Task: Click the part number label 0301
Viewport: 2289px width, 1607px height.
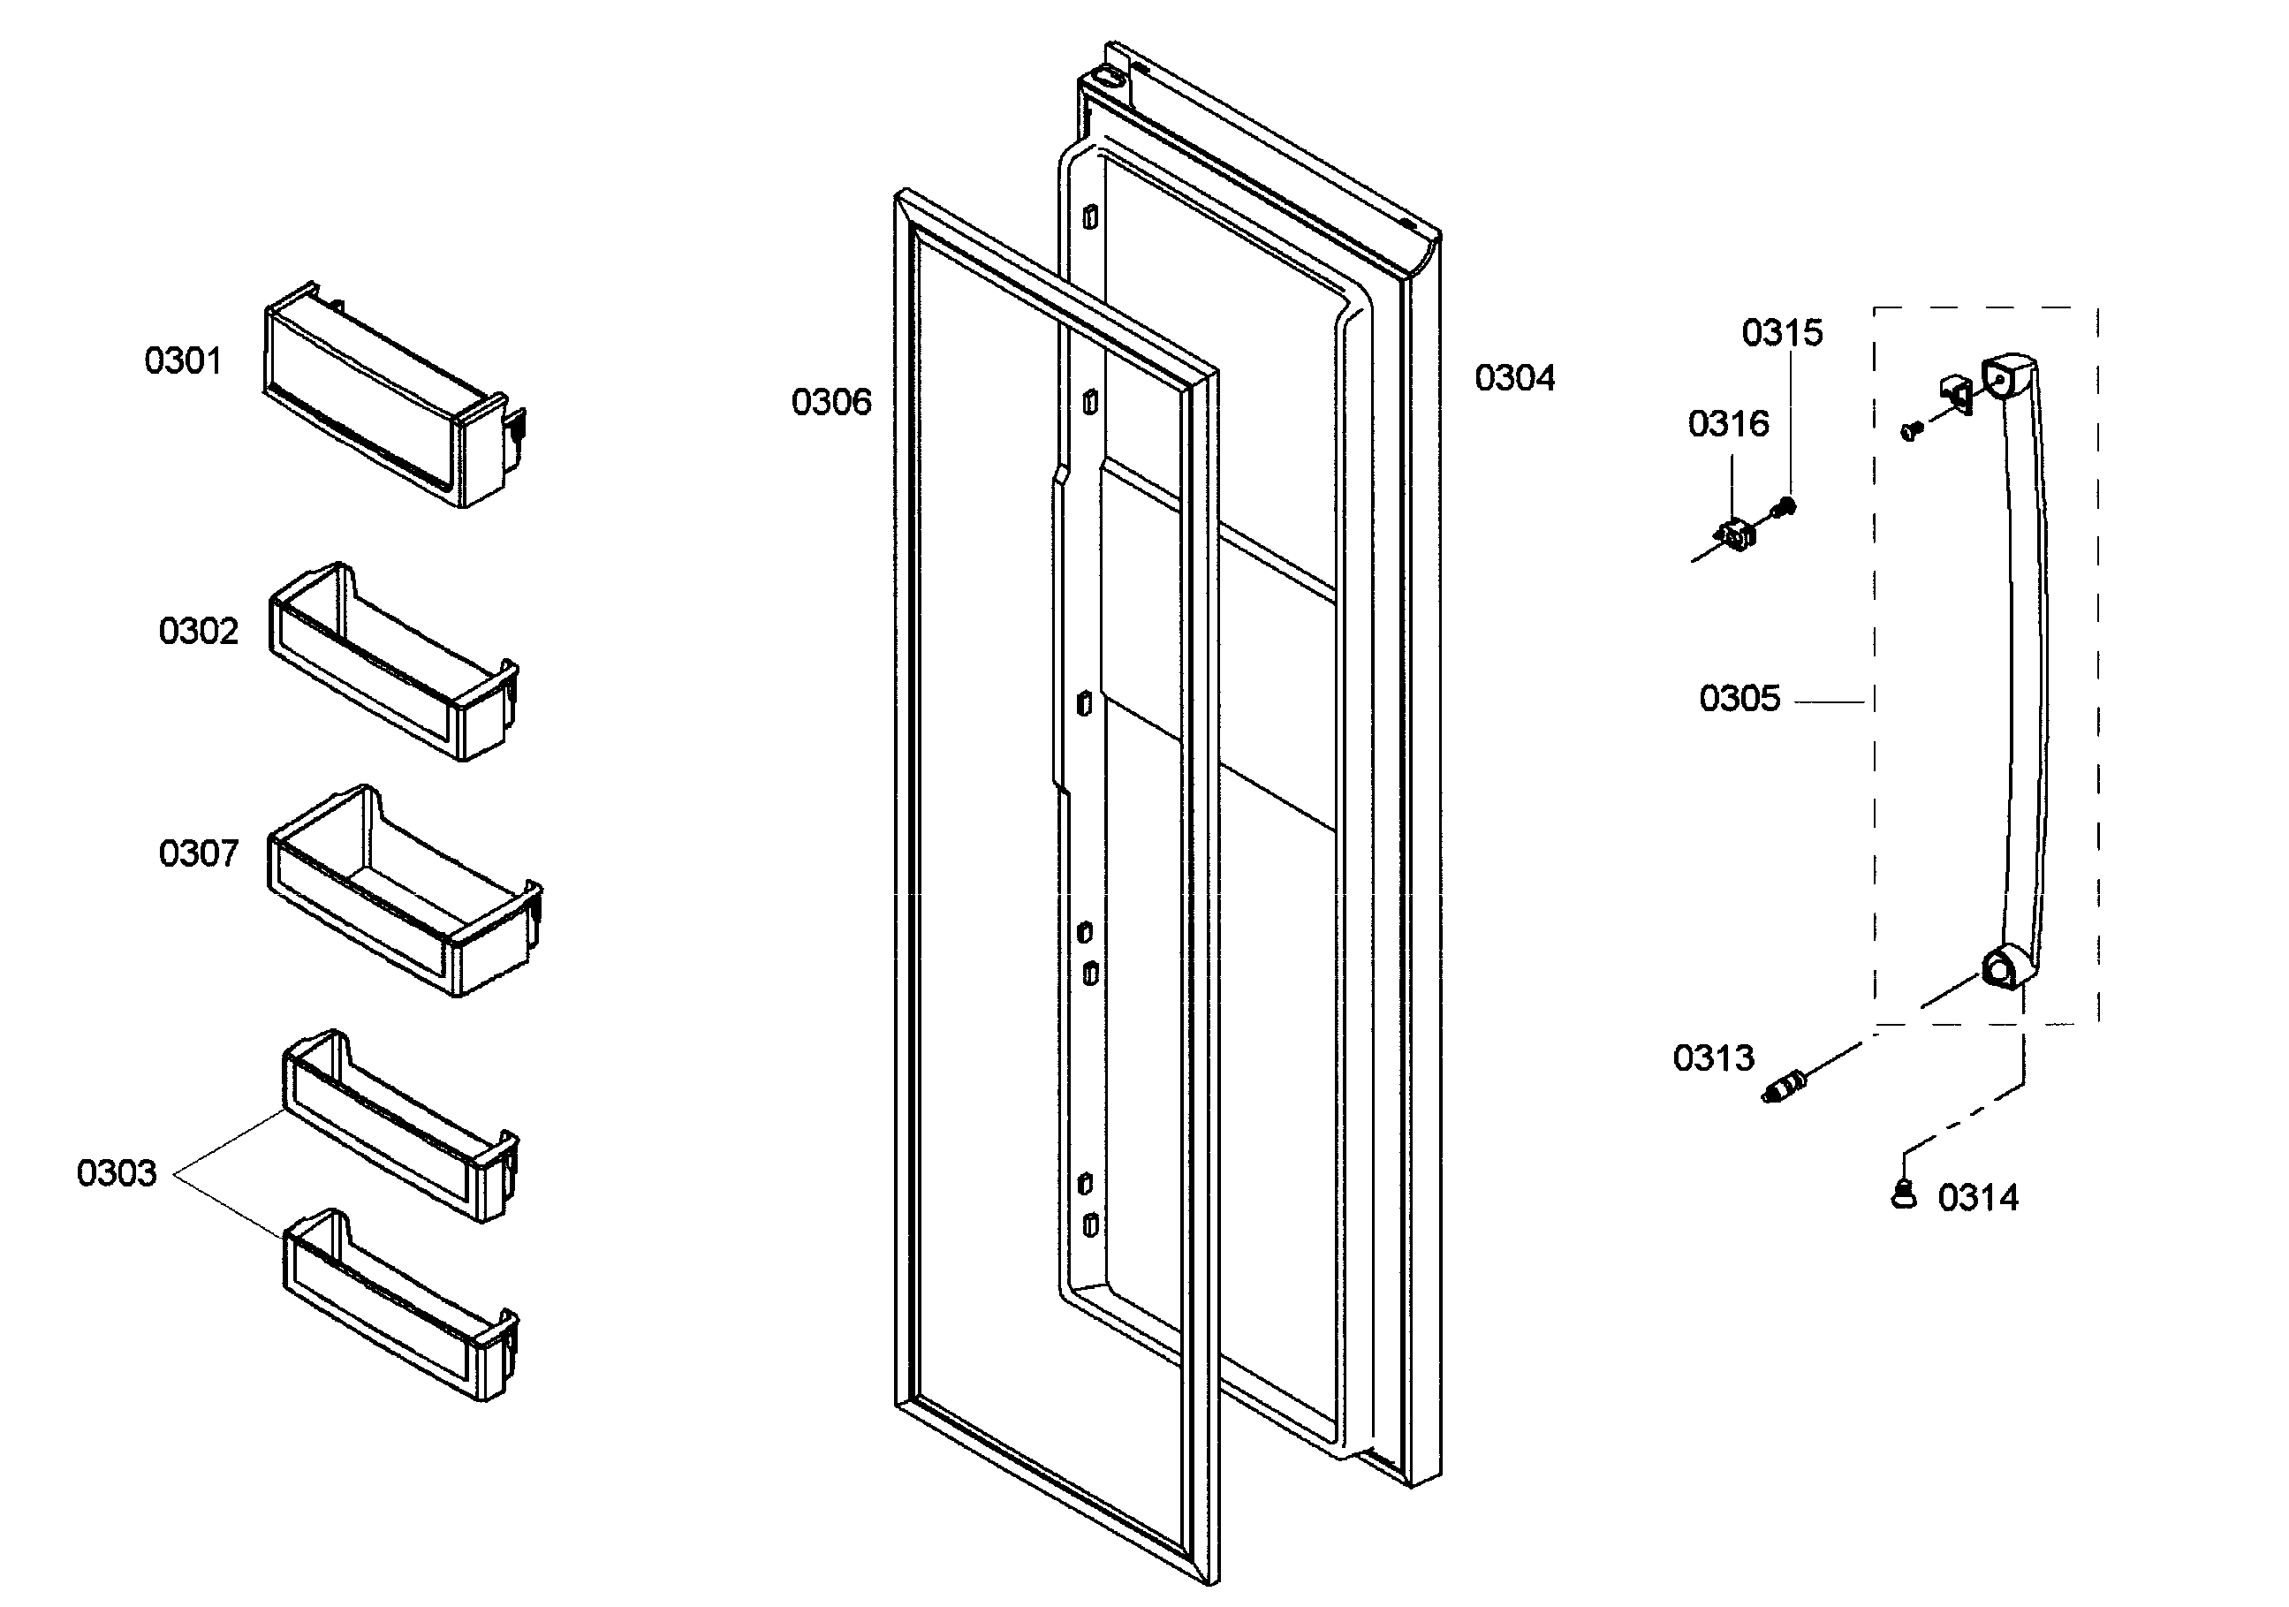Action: pyautogui.click(x=184, y=360)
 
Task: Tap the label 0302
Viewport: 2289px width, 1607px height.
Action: pyautogui.click(x=199, y=631)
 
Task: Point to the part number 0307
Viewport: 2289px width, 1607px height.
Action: pyautogui.click(x=199, y=853)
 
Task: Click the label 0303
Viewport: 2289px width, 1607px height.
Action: pyautogui.click(x=117, y=1173)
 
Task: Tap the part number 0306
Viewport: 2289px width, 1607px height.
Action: pyautogui.click(x=831, y=402)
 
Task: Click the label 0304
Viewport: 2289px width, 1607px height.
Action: pyautogui.click(x=1514, y=378)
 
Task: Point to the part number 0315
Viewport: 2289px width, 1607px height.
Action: pyautogui.click(x=1782, y=333)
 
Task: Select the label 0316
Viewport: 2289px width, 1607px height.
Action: pyautogui.click(x=1728, y=424)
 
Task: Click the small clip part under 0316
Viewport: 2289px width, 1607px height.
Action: pyautogui.click(x=1739, y=534)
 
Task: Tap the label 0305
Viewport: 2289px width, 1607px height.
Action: pyautogui.click(x=1739, y=698)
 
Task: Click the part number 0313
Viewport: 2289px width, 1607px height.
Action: pyautogui.click(x=1713, y=1057)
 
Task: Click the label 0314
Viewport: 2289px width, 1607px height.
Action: pyautogui.click(x=1978, y=1197)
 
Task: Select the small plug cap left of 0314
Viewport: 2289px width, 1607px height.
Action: pyautogui.click(x=1903, y=1194)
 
